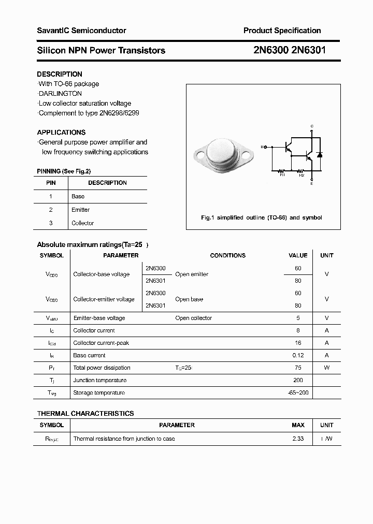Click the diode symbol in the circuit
320,154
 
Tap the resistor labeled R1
282,170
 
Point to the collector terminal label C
311,126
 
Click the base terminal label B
262,147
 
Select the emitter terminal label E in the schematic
311,183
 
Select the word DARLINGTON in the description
60,94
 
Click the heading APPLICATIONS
61,132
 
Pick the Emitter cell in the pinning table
80,210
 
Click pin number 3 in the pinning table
51,223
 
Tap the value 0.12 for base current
298,355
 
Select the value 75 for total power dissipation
298,368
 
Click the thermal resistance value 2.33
298,439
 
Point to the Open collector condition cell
193,318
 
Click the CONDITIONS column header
227,255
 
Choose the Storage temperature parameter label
99,392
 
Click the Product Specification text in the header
282,31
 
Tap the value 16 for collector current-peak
298,343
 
